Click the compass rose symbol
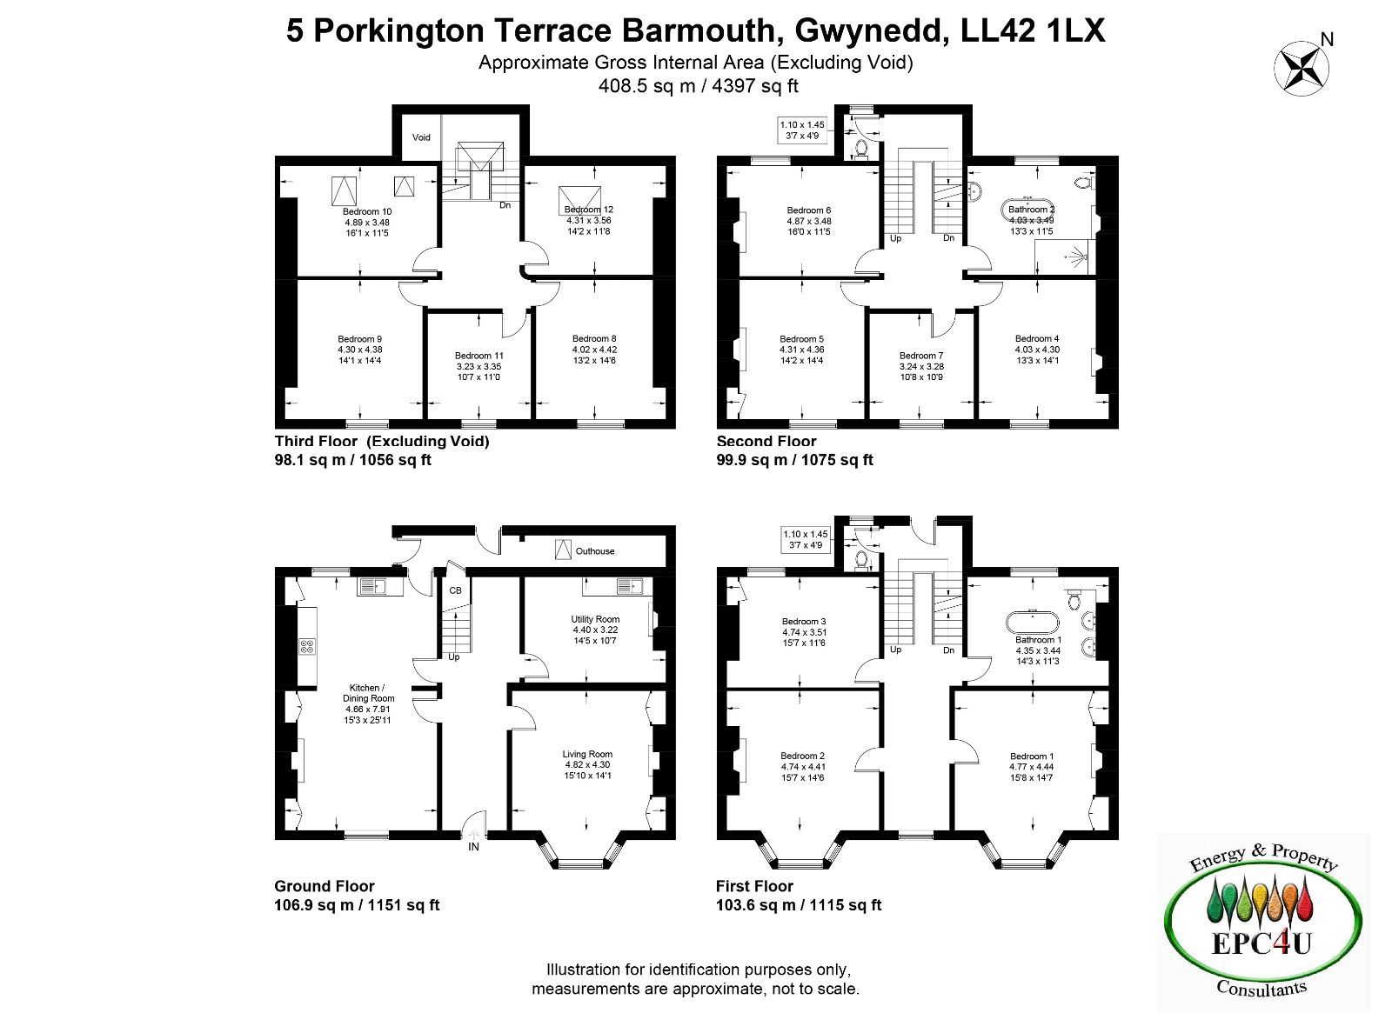(x=1302, y=69)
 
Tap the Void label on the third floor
(x=421, y=137)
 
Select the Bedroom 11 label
(x=478, y=356)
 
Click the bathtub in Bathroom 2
(x=1027, y=210)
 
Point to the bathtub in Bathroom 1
(x=1032, y=622)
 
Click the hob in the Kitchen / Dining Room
(x=307, y=646)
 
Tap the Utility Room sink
(x=630, y=586)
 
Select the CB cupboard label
(x=456, y=590)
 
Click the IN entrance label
(x=473, y=847)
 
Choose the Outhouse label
(x=595, y=551)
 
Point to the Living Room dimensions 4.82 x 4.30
(x=587, y=764)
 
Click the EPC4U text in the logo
(x=1261, y=943)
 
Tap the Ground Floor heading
(x=325, y=886)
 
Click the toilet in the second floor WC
(x=861, y=149)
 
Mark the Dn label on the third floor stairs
(x=505, y=205)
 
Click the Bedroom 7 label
(x=921, y=356)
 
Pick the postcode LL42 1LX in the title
(x=1033, y=30)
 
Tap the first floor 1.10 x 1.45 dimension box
(x=806, y=540)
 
